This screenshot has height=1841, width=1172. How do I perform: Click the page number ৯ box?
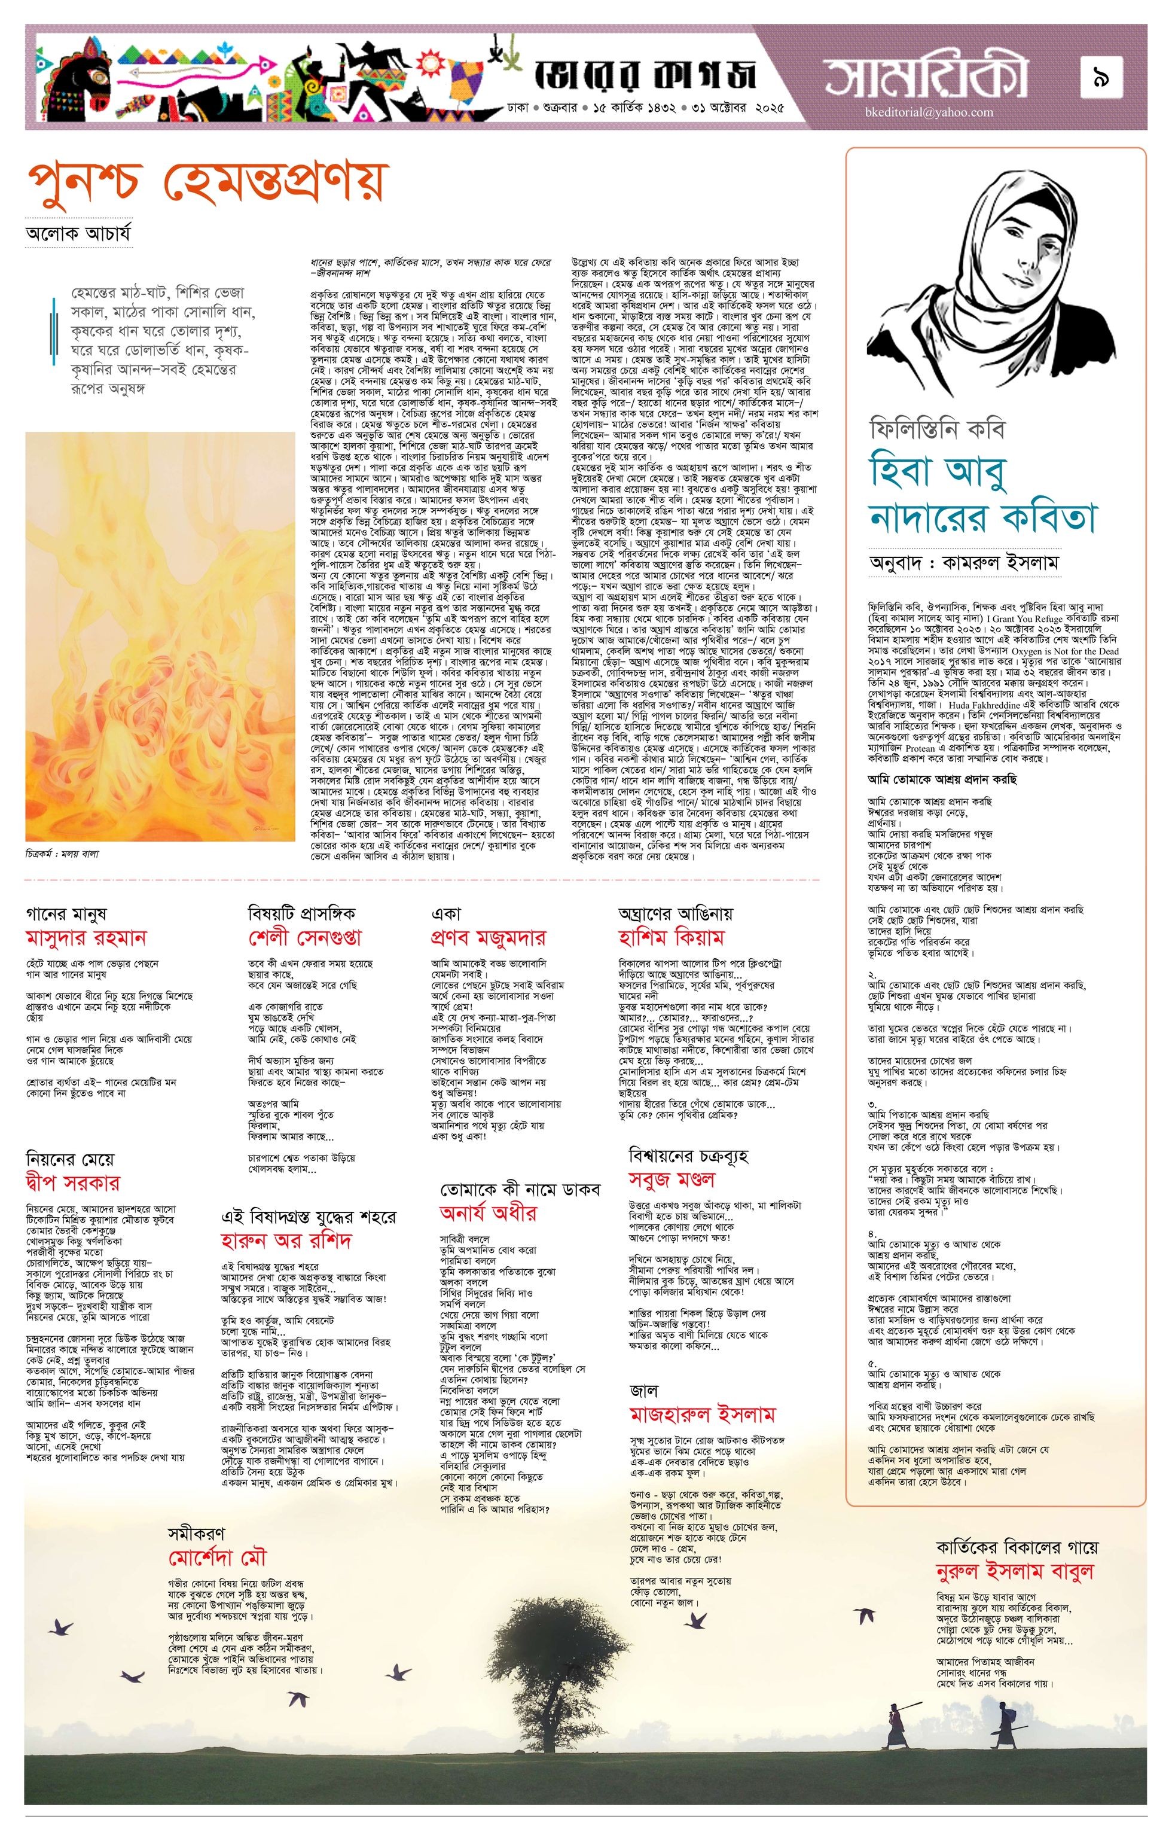[x=1101, y=77]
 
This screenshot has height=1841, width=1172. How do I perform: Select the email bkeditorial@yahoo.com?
[x=925, y=112]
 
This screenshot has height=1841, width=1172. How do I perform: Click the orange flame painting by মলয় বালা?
[x=160, y=637]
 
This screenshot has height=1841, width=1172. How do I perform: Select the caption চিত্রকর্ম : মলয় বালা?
[x=63, y=854]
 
